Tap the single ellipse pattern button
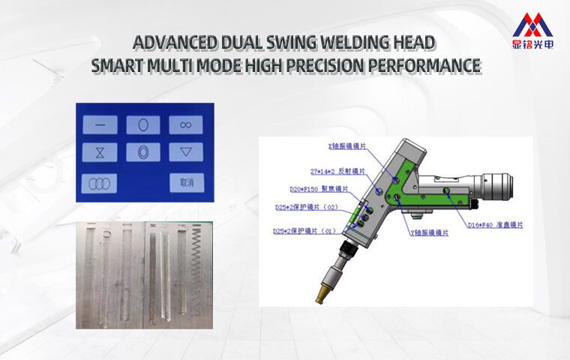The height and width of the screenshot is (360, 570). click(143, 125)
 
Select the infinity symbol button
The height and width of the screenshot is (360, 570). click(186, 125)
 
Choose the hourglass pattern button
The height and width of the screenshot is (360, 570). click(100, 151)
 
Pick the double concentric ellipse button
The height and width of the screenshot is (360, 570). click(143, 151)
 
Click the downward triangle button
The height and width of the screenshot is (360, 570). click(186, 151)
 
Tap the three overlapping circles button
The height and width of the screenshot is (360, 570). click(100, 182)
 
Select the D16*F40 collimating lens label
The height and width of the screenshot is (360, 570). click(495, 224)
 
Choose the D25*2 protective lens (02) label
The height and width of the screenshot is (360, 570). click(307, 206)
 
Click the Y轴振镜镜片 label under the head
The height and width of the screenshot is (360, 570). click(430, 233)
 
